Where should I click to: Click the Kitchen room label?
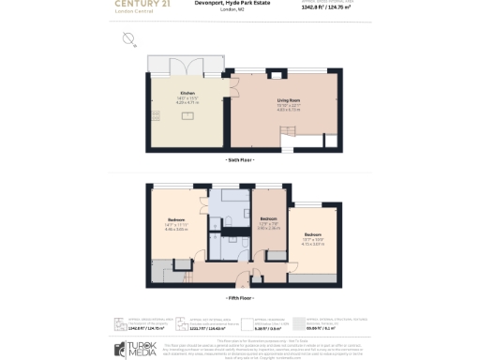click(x=187, y=93)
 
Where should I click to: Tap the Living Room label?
click(x=287, y=100)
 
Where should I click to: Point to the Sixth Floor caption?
click(x=240, y=162)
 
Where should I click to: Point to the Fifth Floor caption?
click(x=240, y=297)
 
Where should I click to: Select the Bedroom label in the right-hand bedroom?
click(x=312, y=234)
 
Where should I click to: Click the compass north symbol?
click(x=128, y=38)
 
